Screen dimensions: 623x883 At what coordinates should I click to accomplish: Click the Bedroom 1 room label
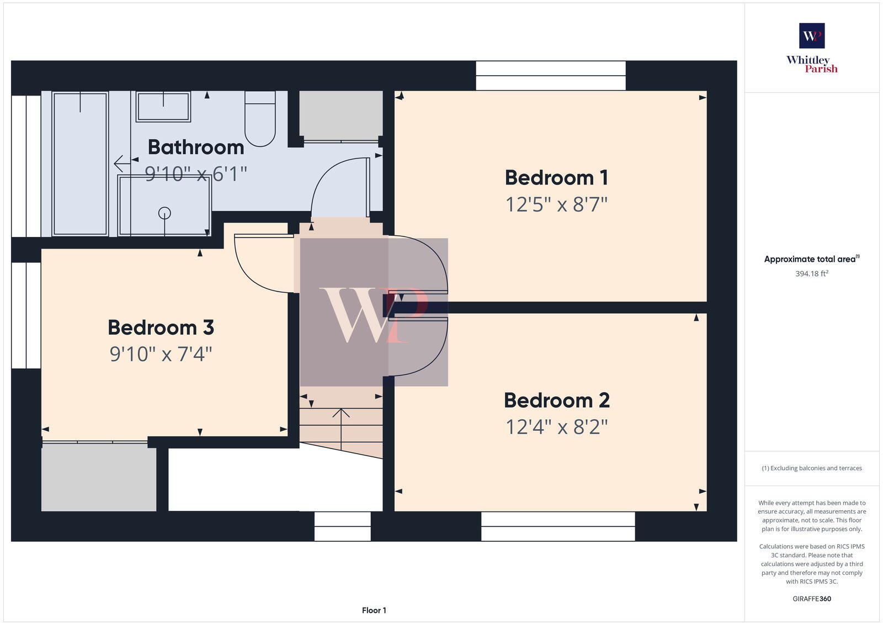556,178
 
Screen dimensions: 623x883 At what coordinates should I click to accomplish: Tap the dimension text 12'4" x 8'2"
556,427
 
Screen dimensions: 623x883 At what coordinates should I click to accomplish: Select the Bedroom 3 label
161,328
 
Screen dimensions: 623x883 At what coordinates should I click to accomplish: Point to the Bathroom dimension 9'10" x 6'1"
195,174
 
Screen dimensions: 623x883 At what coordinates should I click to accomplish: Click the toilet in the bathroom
260,120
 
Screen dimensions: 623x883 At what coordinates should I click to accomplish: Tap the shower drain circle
164,213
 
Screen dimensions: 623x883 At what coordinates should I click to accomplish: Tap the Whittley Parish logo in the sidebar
812,49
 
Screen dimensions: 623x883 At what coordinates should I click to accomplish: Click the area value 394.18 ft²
812,273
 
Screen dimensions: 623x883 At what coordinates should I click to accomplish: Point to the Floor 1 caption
374,610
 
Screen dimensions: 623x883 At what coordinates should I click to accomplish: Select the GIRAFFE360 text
812,599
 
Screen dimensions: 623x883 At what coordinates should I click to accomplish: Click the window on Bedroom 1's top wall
551,76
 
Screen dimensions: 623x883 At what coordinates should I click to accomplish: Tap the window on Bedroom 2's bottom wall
557,526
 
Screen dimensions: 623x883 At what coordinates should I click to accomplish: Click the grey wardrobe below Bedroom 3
99,477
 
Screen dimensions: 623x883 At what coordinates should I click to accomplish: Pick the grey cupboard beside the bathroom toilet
341,115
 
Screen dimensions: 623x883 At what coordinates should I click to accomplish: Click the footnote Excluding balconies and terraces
812,468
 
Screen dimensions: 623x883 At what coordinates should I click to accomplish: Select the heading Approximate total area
810,259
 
